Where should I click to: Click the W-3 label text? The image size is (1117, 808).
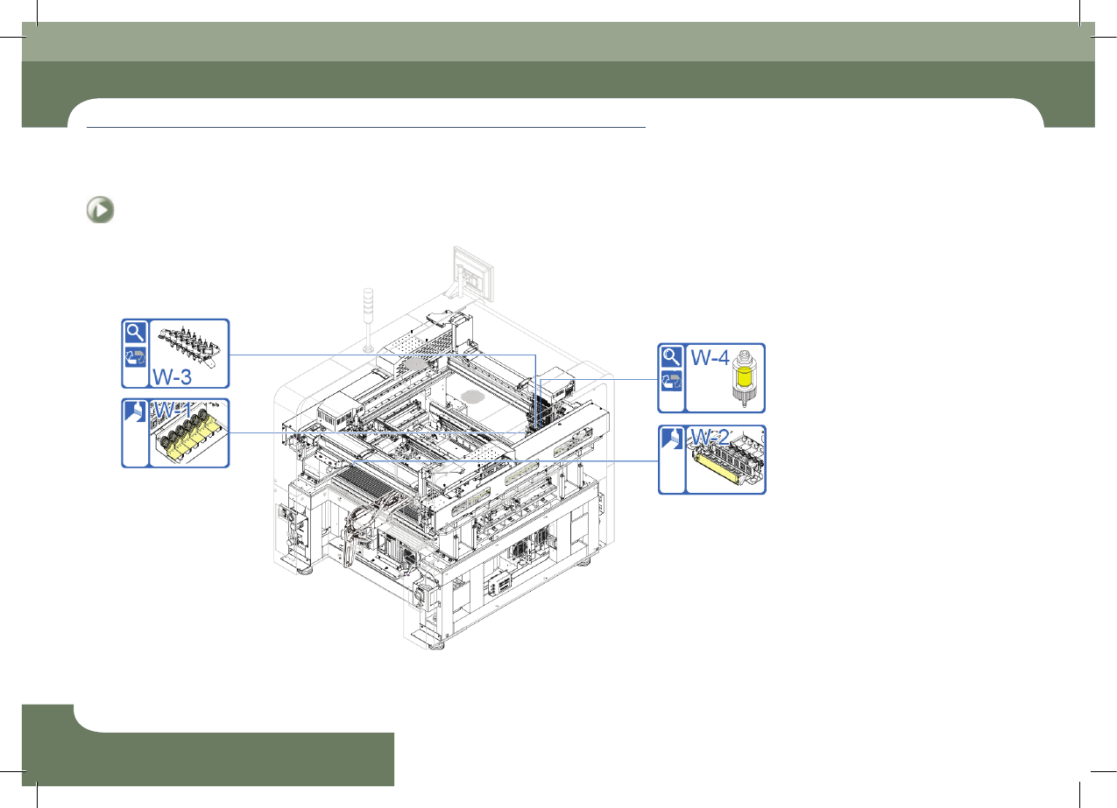pos(172,376)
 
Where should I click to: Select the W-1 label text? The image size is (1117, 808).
pos(173,411)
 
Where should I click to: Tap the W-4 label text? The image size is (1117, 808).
pos(710,358)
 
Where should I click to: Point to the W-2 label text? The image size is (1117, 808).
pos(710,438)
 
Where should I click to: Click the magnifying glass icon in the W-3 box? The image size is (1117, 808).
pos(135,332)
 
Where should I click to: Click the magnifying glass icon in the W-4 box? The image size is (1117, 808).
pos(671,356)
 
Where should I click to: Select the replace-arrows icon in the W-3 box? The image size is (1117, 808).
pos(135,357)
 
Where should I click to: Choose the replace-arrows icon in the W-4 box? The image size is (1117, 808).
pos(671,382)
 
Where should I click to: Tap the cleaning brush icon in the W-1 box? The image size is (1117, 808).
pos(135,411)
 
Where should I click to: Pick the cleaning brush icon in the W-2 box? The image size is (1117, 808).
pos(671,439)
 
